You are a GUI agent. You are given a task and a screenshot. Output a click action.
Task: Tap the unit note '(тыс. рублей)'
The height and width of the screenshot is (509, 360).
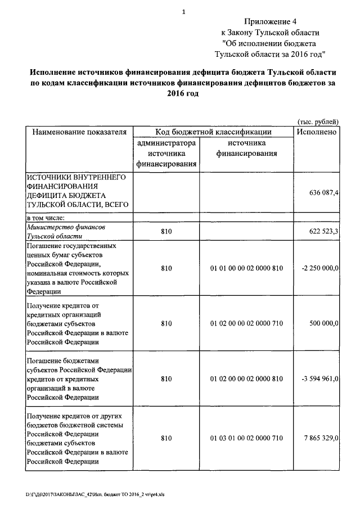318,121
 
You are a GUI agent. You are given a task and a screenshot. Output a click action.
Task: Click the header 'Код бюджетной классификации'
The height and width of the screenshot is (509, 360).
213,132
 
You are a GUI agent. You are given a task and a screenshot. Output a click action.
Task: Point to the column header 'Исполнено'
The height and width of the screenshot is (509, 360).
316,132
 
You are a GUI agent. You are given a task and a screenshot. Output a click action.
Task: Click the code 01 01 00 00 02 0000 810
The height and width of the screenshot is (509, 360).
246,268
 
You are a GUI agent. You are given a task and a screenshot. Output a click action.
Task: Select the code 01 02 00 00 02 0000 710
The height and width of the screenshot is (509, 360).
246,323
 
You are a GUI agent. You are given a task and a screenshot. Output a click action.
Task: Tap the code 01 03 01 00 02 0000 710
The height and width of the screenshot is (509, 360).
246,438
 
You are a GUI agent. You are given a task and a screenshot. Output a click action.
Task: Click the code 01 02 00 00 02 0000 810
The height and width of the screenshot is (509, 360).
246,379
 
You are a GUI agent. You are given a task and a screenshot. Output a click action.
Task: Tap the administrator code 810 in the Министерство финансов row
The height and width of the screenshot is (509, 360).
166,231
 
